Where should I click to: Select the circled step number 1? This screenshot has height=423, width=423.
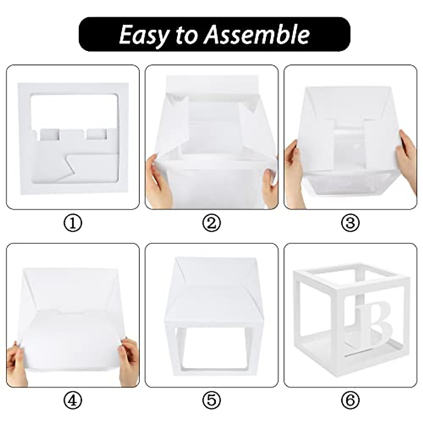point(73,223)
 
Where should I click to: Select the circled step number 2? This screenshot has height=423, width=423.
point(211,223)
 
